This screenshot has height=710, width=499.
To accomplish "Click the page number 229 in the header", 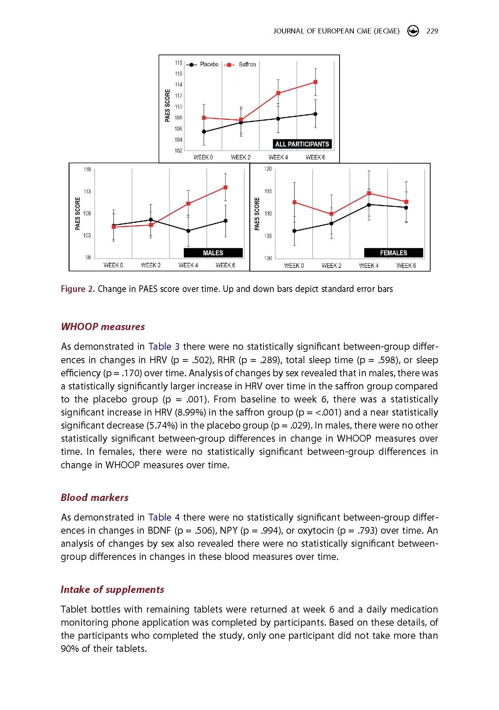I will tap(432, 31).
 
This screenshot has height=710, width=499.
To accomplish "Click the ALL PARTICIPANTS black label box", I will tap(302, 144).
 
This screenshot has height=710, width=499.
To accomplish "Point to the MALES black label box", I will tap(213, 253).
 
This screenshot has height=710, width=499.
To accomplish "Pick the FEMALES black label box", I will tap(393, 253).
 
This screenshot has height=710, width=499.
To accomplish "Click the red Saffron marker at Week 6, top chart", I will tap(316, 82).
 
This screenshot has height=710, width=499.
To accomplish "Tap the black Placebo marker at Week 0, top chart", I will tap(204, 132).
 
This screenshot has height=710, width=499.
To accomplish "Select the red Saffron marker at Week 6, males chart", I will tap(226, 188).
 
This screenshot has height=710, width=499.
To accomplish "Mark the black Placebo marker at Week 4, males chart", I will tap(188, 231).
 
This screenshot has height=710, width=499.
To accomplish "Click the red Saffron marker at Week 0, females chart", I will tap(294, 202).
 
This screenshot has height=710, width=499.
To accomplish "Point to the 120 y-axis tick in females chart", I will tap(268, 169).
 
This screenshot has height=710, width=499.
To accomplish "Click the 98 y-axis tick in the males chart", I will tap(88, 257).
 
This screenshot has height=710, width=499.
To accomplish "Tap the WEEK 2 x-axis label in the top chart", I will tap(241, 157).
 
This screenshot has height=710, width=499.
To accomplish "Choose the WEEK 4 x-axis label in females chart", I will tap(369, 266).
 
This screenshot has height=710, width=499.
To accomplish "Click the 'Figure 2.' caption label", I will tap(78, 289).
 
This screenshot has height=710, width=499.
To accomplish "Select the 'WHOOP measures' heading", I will tap(103, 327).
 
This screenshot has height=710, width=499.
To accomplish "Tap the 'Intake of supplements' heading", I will tap(112, 589).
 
